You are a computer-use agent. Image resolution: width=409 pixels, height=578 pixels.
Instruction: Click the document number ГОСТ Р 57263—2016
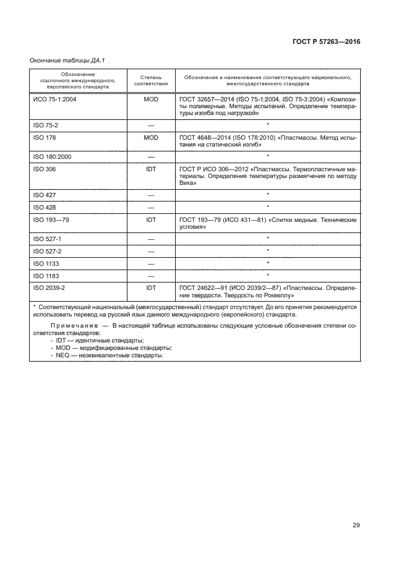pos(325,42)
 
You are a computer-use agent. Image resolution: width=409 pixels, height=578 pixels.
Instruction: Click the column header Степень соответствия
pos(150,82)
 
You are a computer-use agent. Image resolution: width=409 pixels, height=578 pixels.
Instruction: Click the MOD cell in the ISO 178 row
pos(150,138)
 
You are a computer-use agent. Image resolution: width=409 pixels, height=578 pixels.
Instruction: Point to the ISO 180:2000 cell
pos(52,157)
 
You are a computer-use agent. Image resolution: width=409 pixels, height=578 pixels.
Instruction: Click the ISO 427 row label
pos(45,195)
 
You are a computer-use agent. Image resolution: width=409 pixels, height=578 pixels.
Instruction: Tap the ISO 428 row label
pos(45,206)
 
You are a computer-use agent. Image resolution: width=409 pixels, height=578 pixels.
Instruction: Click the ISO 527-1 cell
pos(47,239)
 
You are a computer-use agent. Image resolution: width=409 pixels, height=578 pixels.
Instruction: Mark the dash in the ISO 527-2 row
pos(150,251)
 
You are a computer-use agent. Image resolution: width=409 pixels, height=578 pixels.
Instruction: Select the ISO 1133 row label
pos(46,263)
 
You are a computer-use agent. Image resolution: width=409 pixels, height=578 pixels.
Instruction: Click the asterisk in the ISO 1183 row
pos(267,274)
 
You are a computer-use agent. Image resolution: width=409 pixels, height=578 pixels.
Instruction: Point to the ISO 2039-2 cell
pos(49,287)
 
